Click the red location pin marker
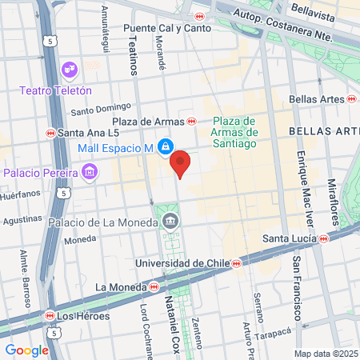pos(181,163)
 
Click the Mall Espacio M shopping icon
pos(165,147)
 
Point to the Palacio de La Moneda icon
pos(169,221)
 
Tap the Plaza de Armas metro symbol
pos(191,122)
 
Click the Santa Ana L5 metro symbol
pos(50,133)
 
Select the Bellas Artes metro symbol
pos(352,98)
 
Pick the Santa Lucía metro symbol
pos(323,238)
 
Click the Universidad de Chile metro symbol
pos(236,263)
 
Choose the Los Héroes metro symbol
pos(50,315)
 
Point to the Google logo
pos(26,350)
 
